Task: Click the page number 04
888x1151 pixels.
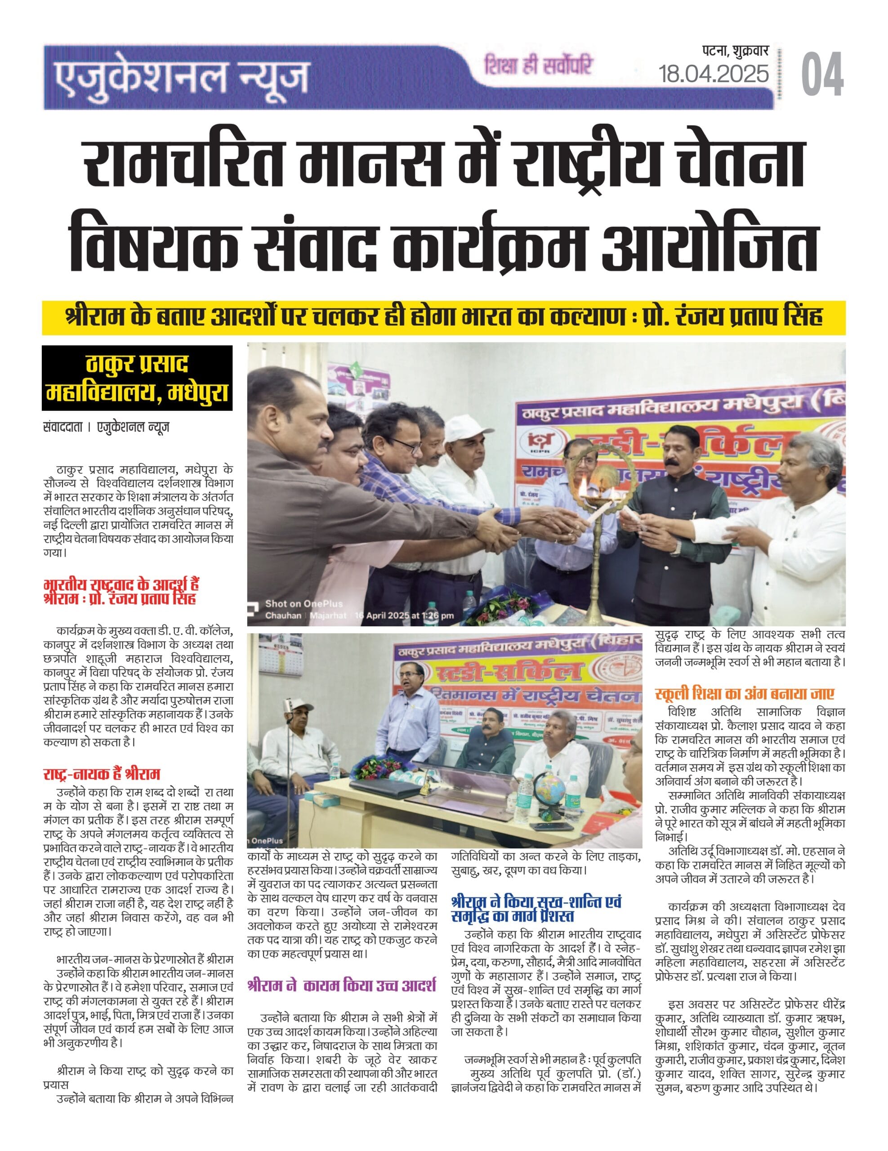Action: point(821,74)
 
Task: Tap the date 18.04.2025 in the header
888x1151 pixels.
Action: point(713,74)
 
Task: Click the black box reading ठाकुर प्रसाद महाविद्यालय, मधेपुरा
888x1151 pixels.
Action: point(137,378)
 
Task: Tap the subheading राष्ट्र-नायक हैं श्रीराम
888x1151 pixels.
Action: point(102,774)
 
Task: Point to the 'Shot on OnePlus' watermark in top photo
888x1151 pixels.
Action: point(303,604)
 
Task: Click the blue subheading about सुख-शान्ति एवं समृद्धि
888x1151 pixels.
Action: point(536,909)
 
